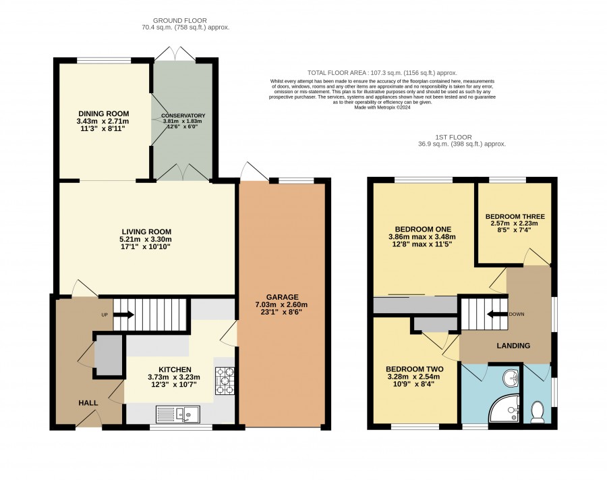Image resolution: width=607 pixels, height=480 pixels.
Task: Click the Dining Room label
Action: tap(104, 114)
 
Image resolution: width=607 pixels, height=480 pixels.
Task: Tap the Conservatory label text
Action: tap(183, 116)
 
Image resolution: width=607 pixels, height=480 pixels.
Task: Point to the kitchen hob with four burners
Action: tap(225, 381)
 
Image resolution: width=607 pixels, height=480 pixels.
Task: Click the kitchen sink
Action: tap(178, 414)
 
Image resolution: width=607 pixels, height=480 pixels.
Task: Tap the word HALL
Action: tap(88, 403)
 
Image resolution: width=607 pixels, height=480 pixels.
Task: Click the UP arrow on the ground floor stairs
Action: tap(124, 315)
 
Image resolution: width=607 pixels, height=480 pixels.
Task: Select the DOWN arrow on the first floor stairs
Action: tap(496, 314)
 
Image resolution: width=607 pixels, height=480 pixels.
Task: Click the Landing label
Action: tap(513, 346)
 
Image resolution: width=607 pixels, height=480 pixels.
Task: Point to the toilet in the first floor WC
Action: tap(537, 412)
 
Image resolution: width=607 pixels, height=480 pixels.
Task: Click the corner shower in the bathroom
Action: tap(504, 408)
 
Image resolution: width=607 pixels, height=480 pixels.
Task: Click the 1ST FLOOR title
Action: tap(453, 137)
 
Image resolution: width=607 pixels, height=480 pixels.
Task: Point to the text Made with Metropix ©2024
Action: tap(382, 107)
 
